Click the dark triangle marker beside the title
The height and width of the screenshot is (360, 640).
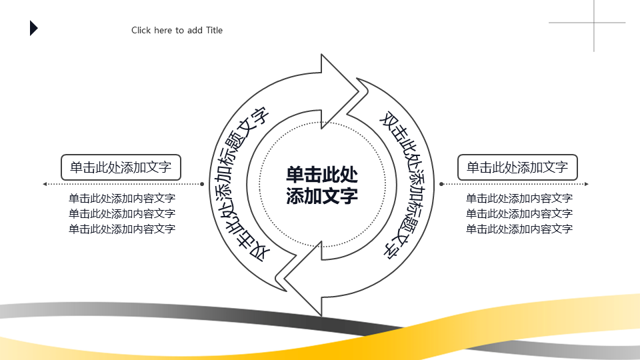point(33,28)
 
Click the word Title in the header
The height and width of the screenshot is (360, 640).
point(214,30)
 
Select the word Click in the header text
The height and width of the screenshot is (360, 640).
point(141,30)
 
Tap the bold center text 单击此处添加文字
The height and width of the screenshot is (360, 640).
point(322,185)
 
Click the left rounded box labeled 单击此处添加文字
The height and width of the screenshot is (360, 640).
point(121,167)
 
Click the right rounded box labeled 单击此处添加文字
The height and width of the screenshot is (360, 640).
point(517,167)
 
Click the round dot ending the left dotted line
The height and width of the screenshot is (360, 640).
point(202,184)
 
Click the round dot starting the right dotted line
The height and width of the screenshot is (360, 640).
point(441,184)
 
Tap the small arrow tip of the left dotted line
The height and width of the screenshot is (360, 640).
point(45,184)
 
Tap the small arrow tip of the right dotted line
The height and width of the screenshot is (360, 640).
point(587,184)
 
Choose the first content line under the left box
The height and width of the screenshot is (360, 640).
point(122,199)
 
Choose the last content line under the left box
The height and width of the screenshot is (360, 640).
point(122,229)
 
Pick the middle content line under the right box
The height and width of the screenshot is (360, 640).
point(519,213)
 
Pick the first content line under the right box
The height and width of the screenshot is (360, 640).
point(519,199)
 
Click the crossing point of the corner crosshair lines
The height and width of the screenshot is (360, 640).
point(594,23)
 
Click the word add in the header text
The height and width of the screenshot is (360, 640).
point(195,30)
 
